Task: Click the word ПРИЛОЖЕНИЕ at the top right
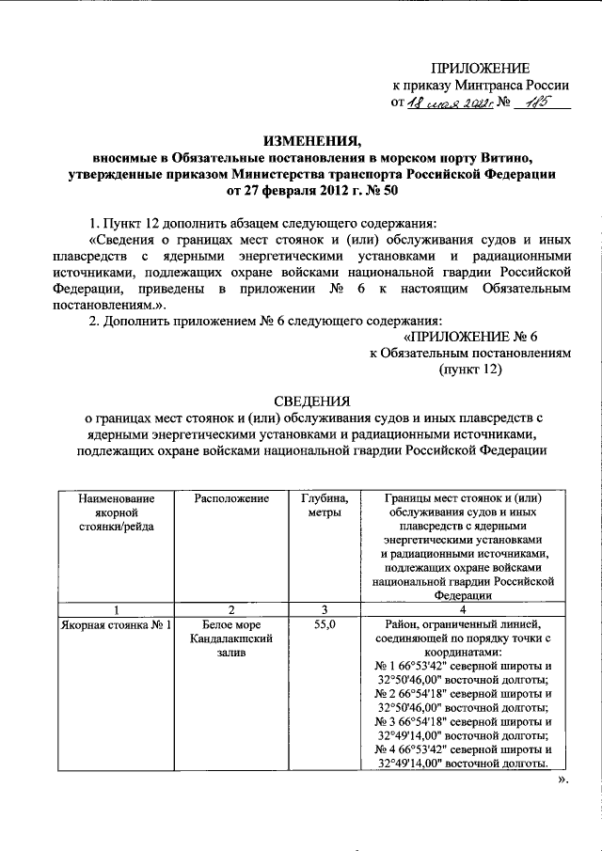click(x=480, y=67)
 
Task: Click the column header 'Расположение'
click(x=231, y=498)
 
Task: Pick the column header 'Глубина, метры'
click(x=323, y=505)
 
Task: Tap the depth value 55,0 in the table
click(x=323, y=623)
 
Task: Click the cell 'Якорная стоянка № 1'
click(x=114, y=623)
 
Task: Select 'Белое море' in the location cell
click(x=231, y=623)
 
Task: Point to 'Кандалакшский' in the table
click(x=231, y=638)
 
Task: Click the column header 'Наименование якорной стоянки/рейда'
click(x=114, y=512)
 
